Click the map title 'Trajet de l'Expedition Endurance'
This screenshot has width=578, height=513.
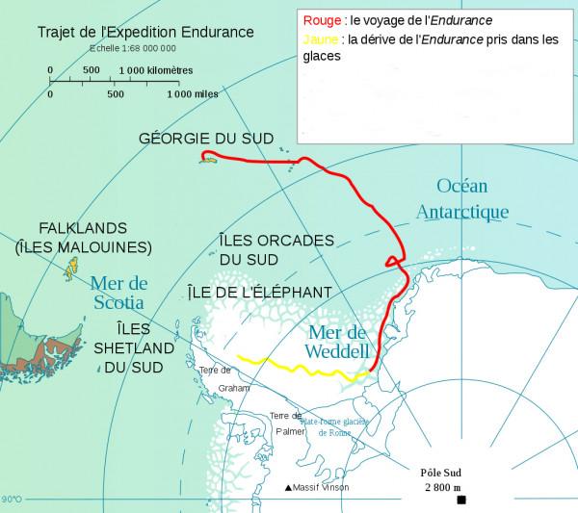click(x=145, y=32)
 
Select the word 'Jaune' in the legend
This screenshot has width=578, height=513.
click(x=319, y=39)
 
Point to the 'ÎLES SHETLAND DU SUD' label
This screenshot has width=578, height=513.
click(x=132, y=347)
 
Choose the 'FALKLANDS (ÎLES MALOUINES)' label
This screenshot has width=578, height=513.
click(x=83, y=238)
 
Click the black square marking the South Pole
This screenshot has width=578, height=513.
click(x=461, y=500)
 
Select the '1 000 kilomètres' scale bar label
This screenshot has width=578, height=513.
click(x=157, y=70)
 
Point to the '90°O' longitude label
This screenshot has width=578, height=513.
click(x=12, y=500)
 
